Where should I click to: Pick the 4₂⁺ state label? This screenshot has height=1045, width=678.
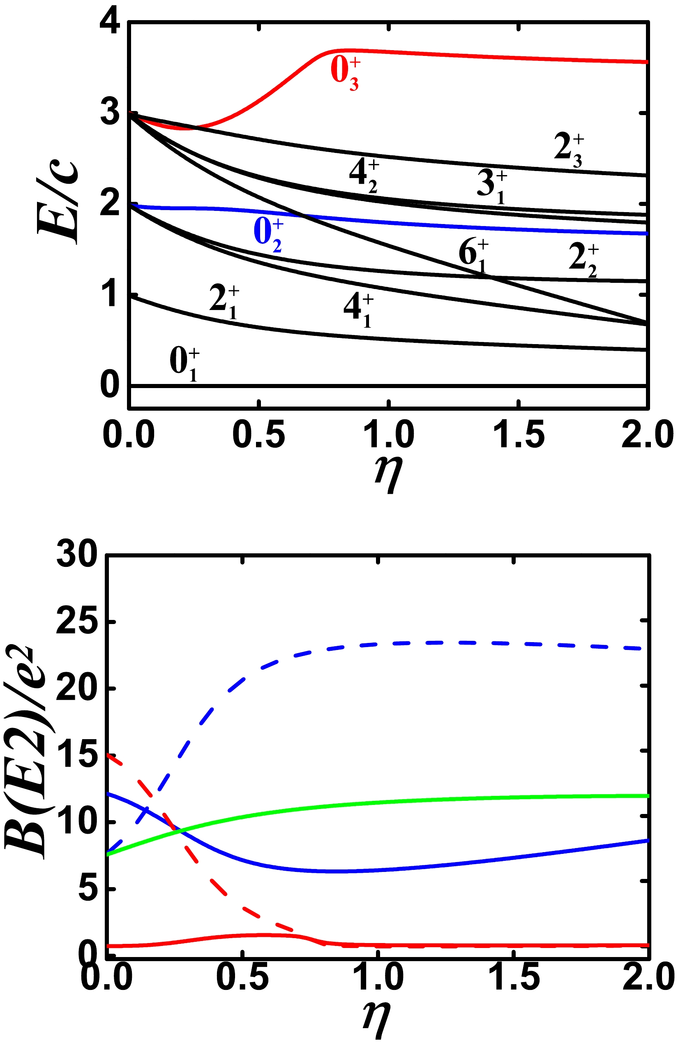click(364, 176)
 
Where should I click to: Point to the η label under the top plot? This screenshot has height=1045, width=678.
click(388, 474)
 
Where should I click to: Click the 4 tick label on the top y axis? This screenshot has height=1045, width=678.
click(110, 22)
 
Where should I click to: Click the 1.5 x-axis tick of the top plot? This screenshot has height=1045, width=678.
click(519, 434)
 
